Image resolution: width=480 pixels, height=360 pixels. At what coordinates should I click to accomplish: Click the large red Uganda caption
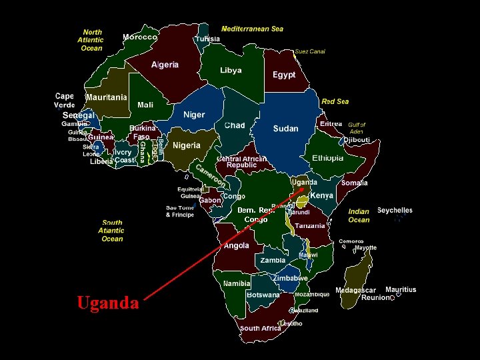(x=108, y=303)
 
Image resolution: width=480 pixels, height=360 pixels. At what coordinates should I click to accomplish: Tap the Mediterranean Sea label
(x=252, y=29)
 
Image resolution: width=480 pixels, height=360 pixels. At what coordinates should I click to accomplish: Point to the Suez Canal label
(x=309, y=51)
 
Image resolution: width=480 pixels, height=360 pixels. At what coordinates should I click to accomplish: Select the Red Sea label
(x=335, y=101)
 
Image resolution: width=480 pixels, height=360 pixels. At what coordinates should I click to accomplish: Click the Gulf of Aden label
(x=357, y=128)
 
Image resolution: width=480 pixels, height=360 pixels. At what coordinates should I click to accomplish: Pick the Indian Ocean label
(x=359, y=215)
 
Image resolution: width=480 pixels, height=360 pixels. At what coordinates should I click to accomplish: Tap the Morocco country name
(x=140, y=37)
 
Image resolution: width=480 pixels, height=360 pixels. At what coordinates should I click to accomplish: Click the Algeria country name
(x=165, y=65)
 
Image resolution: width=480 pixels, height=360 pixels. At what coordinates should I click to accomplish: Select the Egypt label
(x=284, y=75)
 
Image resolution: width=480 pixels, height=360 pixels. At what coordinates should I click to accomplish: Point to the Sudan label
(x=285, y=128)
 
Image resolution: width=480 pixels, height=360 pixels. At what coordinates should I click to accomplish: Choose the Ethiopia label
(x=328, y=158)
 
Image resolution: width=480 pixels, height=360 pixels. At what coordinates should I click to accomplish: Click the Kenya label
(x=322, y=195)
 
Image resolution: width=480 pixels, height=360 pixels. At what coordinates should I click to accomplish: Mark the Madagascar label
(x=355, y=291)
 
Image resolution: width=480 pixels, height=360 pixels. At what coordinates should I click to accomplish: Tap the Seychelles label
(x=395, y=211)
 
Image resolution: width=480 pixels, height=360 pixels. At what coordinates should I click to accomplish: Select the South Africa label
(x=260, y=328)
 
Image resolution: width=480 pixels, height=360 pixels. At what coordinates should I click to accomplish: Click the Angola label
(x=237, y=245)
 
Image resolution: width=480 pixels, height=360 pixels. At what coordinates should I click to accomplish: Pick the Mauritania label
(x=107, y=97)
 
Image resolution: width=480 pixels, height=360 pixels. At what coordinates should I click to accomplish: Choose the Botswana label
(x=263, y=295)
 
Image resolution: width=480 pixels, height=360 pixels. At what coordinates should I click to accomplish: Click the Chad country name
(x=235, y=125)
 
